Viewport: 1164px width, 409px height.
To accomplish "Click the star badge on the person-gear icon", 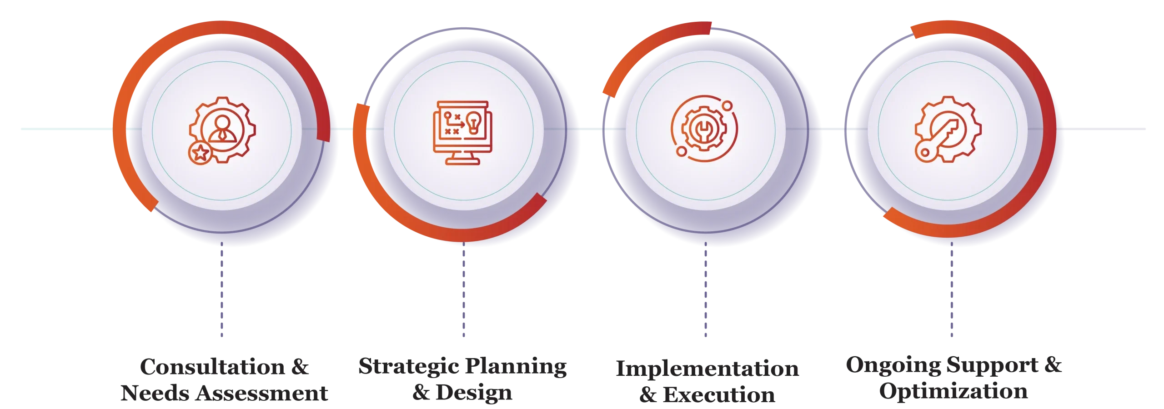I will pos(199,153).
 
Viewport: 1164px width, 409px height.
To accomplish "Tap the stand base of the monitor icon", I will pos(463,161).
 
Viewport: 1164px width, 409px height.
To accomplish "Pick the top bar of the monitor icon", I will pos(463,104).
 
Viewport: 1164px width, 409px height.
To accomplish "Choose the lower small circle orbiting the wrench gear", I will pos(681,150).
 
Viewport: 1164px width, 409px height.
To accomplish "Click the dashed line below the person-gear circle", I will pos(222,291).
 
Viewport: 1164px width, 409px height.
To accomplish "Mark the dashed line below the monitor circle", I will pos(463,291).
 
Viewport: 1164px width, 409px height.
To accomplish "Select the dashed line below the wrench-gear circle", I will pos(705,291).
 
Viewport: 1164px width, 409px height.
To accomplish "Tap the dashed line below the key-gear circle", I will pos(952,291).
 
